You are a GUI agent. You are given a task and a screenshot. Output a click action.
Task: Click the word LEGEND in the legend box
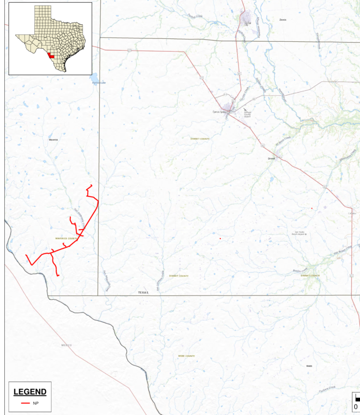30,392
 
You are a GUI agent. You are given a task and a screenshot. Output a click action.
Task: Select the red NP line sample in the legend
26,403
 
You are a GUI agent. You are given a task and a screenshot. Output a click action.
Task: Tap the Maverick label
53,140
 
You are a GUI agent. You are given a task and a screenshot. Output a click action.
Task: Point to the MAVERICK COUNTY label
66,239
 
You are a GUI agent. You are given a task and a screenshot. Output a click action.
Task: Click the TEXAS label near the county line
143,292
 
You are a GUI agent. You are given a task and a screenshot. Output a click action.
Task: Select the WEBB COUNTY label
186,356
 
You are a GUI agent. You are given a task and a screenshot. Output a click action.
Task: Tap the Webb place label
308,366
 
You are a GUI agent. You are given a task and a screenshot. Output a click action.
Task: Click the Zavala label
282,20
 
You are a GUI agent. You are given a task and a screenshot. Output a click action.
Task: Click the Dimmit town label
271,158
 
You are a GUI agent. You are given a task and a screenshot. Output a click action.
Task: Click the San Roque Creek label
342,252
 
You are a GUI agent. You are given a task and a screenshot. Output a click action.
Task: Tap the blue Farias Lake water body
94,76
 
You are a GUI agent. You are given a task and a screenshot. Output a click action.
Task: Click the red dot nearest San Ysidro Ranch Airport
312,208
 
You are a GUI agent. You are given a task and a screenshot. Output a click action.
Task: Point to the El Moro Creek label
283,141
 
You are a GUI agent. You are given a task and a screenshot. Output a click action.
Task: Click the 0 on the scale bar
356,406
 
